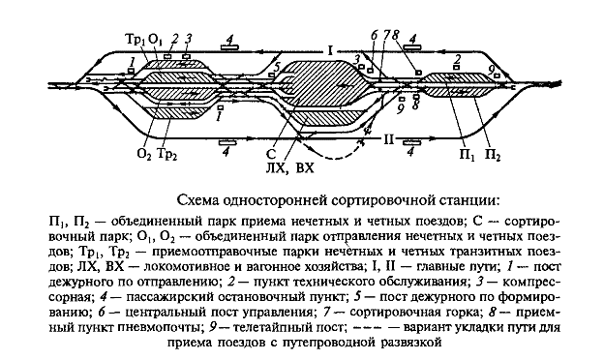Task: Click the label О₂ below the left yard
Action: (144, 154)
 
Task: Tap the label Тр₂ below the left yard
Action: (166, 154)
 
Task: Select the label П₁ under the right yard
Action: (470, 154)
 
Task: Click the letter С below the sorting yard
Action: (281, 153)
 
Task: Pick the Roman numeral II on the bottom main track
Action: (388, 139)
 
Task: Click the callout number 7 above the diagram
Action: (386, 36)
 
